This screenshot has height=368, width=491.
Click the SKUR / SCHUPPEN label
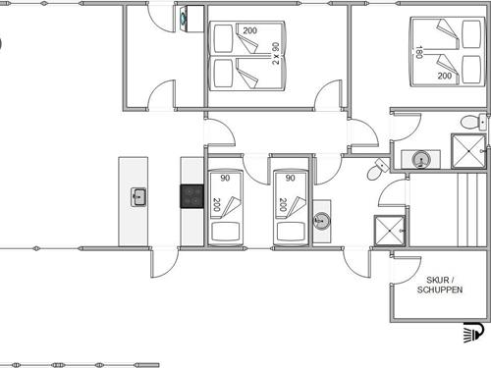pyautogui.click(x=440, y=285)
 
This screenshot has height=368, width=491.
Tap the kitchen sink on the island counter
pyautogui.click(x=138, y=197)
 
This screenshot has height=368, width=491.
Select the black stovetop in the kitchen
pyautogui.click(x=192, y=196)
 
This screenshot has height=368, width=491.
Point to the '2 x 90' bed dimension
pyautogui.click(x=276, y=53)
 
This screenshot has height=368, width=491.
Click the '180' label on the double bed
pyautogui.click(x=418, y=52)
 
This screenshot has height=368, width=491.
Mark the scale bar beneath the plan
pyautogui.click(x=81, y=365)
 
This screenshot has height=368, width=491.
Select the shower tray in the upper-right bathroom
pyautogui.click(x=468, y=151)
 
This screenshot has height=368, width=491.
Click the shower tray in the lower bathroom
pyautogui.click(x=390, y=231)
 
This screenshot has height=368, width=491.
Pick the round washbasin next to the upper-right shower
pyautogui.click(x=420, y=160)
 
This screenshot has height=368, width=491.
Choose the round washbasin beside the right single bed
pyautogui.click(x=322, y=221)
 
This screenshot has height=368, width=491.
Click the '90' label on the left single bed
pyautogui.click(x=225, y=178)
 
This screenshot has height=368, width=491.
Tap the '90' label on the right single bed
pyautogui.click(x=291, y=178)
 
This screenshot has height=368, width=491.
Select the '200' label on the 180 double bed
pyautogui.click(x=445, y=76)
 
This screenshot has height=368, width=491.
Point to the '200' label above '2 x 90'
pyautogui.click(x=249, y=30)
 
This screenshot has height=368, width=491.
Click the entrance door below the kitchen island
pyautogui.click(x=164, y=263)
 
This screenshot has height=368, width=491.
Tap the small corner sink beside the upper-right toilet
pyautogui.click(x=483, y=122)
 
